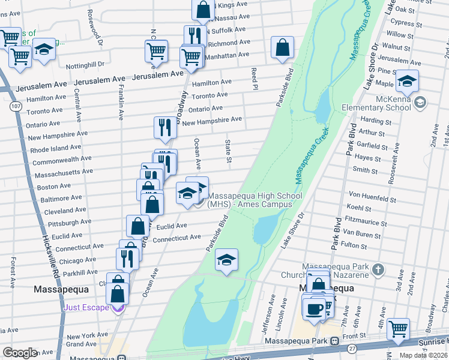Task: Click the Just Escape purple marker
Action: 119,308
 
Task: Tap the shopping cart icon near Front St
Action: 398,329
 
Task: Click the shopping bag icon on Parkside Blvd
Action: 282,47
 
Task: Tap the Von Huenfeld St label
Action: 372,196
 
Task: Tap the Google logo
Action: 20,353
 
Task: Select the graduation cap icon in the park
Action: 227,260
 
